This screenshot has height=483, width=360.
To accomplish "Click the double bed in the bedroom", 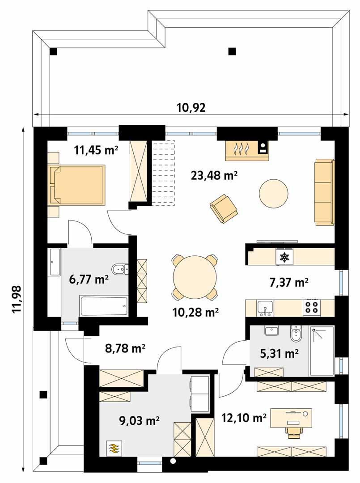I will tap(76, 185).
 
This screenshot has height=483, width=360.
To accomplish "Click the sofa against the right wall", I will tap(324, 192).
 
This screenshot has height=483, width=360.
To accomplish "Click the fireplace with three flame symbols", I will tap(241, 149).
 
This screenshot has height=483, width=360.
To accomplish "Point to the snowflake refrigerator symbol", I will tap(284, 257).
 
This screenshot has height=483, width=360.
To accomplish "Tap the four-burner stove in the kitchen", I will tap(312, 307).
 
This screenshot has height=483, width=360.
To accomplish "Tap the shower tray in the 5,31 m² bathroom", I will tap(322, 351).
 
